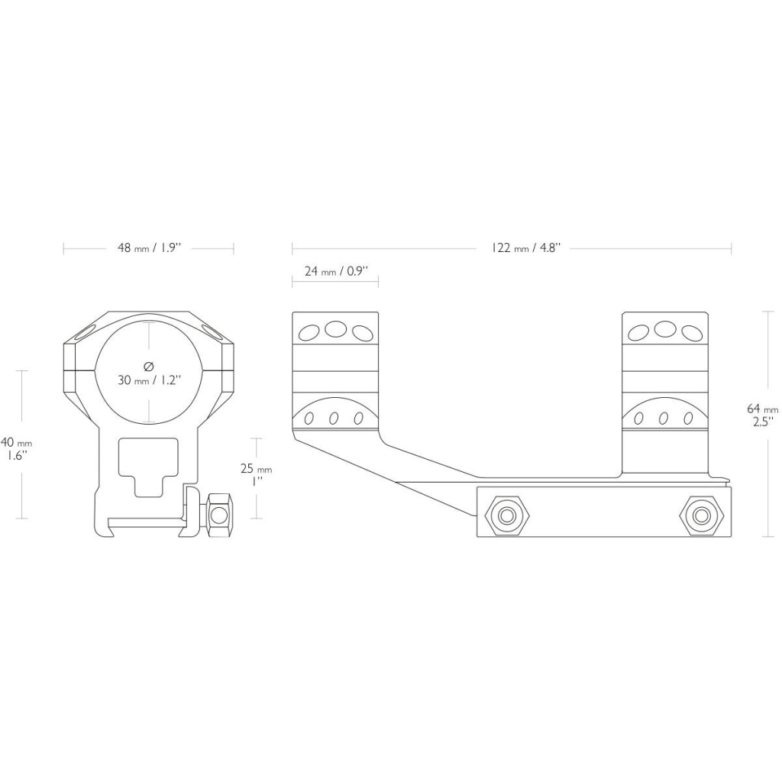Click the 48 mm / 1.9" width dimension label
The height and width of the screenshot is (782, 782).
(x=149, y=248)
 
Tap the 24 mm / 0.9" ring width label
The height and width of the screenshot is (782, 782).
(x=336, y=271)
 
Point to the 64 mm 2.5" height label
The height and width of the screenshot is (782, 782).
(x=761, y=415)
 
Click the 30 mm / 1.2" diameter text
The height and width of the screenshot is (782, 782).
(x=149, y=380)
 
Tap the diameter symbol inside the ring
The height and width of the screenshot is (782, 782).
(x=148, y=367)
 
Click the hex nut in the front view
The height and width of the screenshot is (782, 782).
(x=218, y=515)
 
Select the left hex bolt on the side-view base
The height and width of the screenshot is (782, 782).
(x=507, y=515)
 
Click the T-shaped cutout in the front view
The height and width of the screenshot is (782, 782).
(x=147, y=467)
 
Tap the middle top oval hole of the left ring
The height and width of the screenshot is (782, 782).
(x=335, y=328)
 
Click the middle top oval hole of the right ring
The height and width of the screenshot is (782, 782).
(x=665, y=328)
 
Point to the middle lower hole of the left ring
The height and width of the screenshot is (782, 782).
(x=333, y=418)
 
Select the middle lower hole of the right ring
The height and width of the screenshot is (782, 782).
(x=664, y=418)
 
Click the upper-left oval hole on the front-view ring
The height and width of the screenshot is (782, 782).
(x=86, y=331)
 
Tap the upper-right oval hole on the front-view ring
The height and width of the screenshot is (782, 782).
(x=211, y=331)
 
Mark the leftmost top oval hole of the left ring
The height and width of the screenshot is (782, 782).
(x=309, y=331)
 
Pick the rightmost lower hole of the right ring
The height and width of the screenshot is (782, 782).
(x=689, y=418)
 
